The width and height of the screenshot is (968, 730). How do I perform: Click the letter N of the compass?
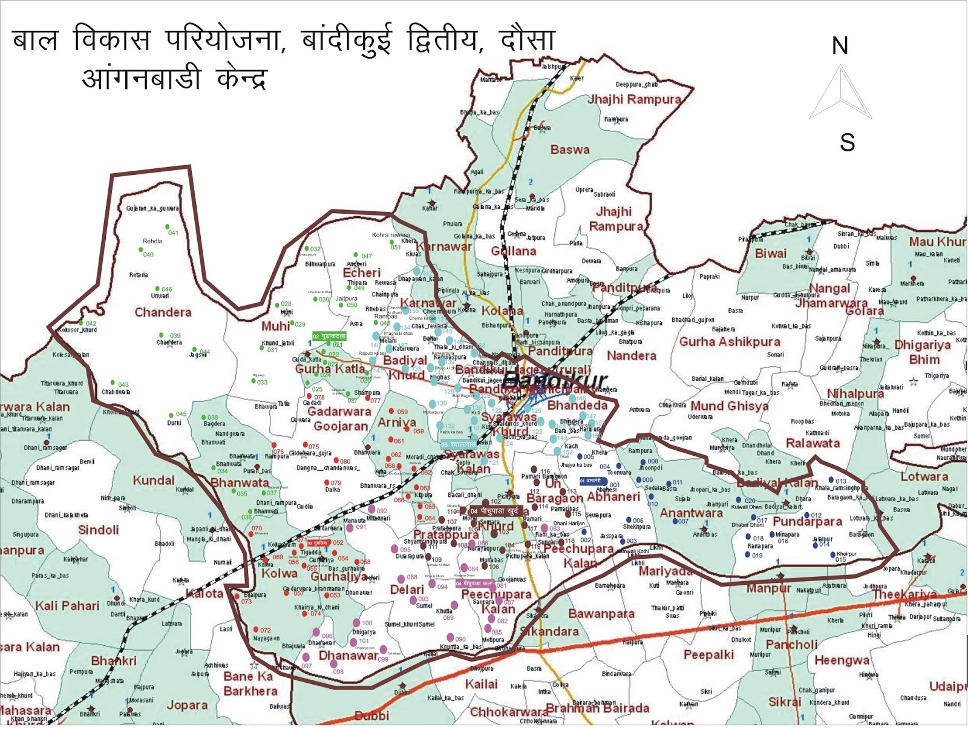coord(840,46)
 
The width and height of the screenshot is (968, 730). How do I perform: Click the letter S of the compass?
coord(847,142)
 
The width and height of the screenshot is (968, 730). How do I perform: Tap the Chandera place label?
coord(163,312)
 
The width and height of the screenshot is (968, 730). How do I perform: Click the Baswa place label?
coord(569,150)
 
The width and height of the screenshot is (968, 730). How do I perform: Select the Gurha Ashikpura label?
coord(730,341)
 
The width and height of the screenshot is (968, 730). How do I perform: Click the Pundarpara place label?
coord(807,521)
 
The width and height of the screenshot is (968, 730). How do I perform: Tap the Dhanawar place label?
coord(348,656)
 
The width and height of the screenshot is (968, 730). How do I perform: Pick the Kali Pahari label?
coord(67,606)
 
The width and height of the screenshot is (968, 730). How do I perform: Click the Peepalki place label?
coord(708,654)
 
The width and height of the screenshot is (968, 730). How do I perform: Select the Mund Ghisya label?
coord(729,406)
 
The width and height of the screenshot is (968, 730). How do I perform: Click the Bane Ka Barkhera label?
coord(250,683)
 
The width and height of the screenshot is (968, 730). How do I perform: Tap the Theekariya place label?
coord(904,594)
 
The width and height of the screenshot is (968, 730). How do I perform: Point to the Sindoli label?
coord(99,530)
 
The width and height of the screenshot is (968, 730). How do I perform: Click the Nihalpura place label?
coord(855,393)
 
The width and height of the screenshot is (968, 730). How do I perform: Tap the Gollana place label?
coord(513,251)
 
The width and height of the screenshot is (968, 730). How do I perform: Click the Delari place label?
coord(407,590)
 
